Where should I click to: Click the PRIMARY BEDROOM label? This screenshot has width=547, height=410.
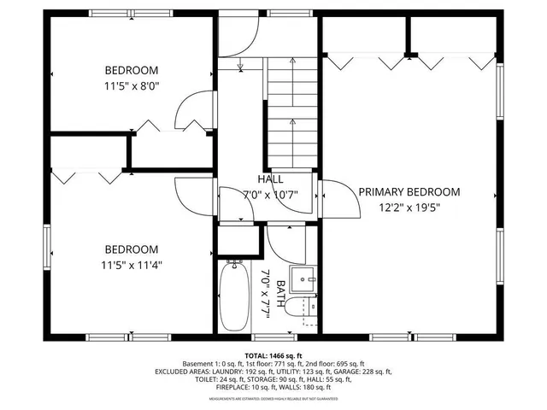point(409,192)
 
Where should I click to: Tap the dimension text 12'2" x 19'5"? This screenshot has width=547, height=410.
point(409,207)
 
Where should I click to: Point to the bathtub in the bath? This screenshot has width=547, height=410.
point(233,296)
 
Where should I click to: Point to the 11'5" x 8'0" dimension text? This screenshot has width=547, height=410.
point(132,85)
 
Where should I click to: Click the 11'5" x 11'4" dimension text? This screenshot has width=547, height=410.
point(132,264)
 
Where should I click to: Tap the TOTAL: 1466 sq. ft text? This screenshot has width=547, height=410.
point(273,355)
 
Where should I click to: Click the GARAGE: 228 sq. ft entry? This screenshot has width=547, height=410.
point(363,372)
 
